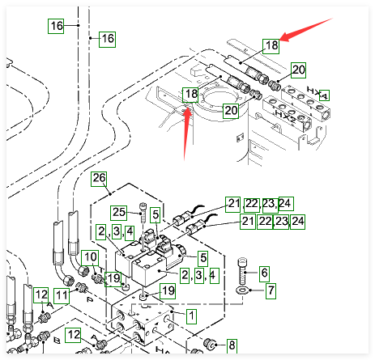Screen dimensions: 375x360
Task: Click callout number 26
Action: (99, 179)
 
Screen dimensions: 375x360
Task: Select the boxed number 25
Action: (118, 213)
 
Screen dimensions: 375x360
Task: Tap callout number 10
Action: (90, 258)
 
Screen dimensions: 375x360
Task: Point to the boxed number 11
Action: (62, 296)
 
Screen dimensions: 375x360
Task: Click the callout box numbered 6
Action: (264, 273)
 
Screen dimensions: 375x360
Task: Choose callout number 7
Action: (271, 291)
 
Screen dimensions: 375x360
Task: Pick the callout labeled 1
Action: (191, 316)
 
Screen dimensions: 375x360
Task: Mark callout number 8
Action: (232, 345)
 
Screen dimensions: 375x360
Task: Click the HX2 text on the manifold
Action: (285, 116)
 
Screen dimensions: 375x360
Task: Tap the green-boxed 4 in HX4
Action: (324, 95)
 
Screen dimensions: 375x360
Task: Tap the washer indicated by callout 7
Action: (242, 290)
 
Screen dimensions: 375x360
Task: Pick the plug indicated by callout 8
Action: (210, 344)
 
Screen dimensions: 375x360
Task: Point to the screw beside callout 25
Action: (143, 213)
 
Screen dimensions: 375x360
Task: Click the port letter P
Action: (90, 299)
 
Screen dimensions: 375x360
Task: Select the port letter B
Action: (57, 341)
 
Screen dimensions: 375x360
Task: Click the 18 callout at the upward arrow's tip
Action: (190, 95)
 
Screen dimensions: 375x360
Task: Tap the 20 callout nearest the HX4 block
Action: (298, 70)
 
